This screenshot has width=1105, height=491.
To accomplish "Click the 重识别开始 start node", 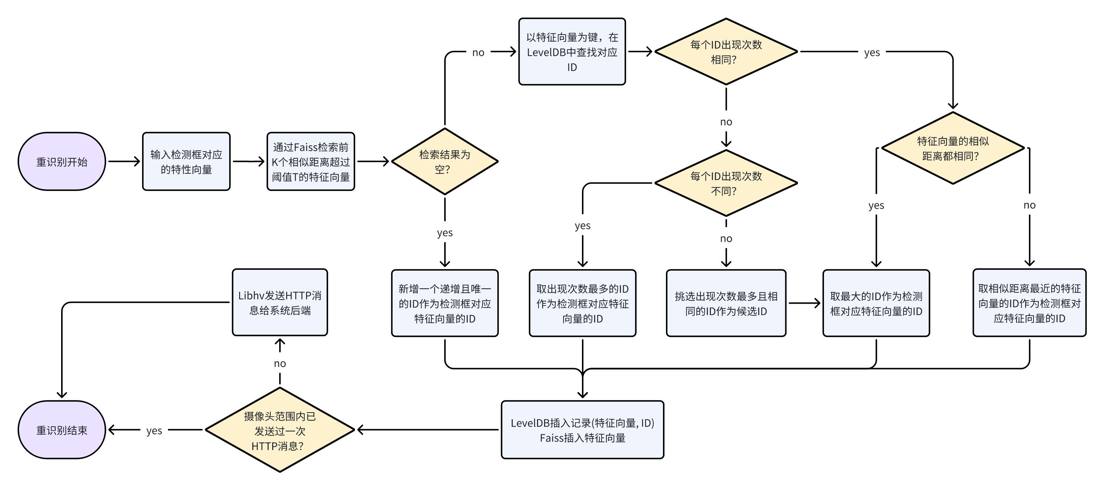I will (x=62, y=162).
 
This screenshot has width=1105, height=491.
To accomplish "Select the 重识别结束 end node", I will (x=62, y=430).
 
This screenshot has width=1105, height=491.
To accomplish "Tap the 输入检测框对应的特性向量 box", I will (x=186, y=162).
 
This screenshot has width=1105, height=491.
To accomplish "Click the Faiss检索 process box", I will (x=311, y=162).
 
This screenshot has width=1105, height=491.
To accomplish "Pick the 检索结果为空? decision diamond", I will (x=445, y=162).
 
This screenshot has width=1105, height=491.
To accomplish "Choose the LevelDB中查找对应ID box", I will (x=572, y=52).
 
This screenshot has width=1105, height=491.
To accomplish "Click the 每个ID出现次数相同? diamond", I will (x=726, y=52).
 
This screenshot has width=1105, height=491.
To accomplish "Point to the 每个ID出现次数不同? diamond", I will (x=726, y=183).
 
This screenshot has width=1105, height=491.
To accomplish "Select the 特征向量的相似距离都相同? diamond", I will (x=953, y=148).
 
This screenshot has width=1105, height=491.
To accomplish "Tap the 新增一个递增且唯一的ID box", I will (x=445, y=303).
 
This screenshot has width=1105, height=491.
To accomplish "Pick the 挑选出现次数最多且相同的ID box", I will (x=726, y=303).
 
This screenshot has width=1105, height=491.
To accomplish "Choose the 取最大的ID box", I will (x=876, y=303).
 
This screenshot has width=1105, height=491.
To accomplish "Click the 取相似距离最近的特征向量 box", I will (x=1029, y=303).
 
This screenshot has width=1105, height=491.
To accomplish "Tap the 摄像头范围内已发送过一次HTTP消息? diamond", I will (x=280, y=430).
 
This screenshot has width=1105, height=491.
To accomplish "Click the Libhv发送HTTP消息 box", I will (x=280, y=302).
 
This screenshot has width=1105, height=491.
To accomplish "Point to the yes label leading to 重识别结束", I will (x=154, y=431).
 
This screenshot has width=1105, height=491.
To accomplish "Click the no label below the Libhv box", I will (x=280, y=364).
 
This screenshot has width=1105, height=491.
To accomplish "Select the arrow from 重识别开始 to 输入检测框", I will (x=124, y=162).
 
